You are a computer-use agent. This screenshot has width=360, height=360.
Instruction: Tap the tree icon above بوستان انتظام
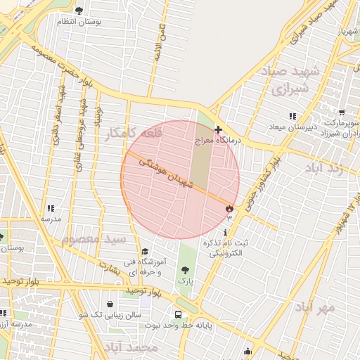[78, 11]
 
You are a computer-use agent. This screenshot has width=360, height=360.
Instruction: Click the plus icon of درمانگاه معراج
[219, 129]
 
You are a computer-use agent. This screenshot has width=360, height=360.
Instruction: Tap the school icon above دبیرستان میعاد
[292, 116]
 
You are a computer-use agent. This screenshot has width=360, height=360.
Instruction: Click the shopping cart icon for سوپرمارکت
[342, 112]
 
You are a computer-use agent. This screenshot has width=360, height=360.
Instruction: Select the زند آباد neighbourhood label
[325, 167]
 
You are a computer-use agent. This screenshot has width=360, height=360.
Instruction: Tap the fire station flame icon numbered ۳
[229, 209]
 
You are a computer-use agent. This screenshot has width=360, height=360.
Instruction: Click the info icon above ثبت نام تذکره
[225, 232]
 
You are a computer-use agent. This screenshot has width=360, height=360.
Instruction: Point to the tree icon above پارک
[185, 270]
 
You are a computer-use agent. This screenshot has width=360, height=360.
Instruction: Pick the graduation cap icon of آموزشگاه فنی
[145, 252]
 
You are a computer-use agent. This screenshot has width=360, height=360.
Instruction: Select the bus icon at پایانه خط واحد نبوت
[178, 314]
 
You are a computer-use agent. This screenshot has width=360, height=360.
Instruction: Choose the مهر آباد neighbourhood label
[316, 307]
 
